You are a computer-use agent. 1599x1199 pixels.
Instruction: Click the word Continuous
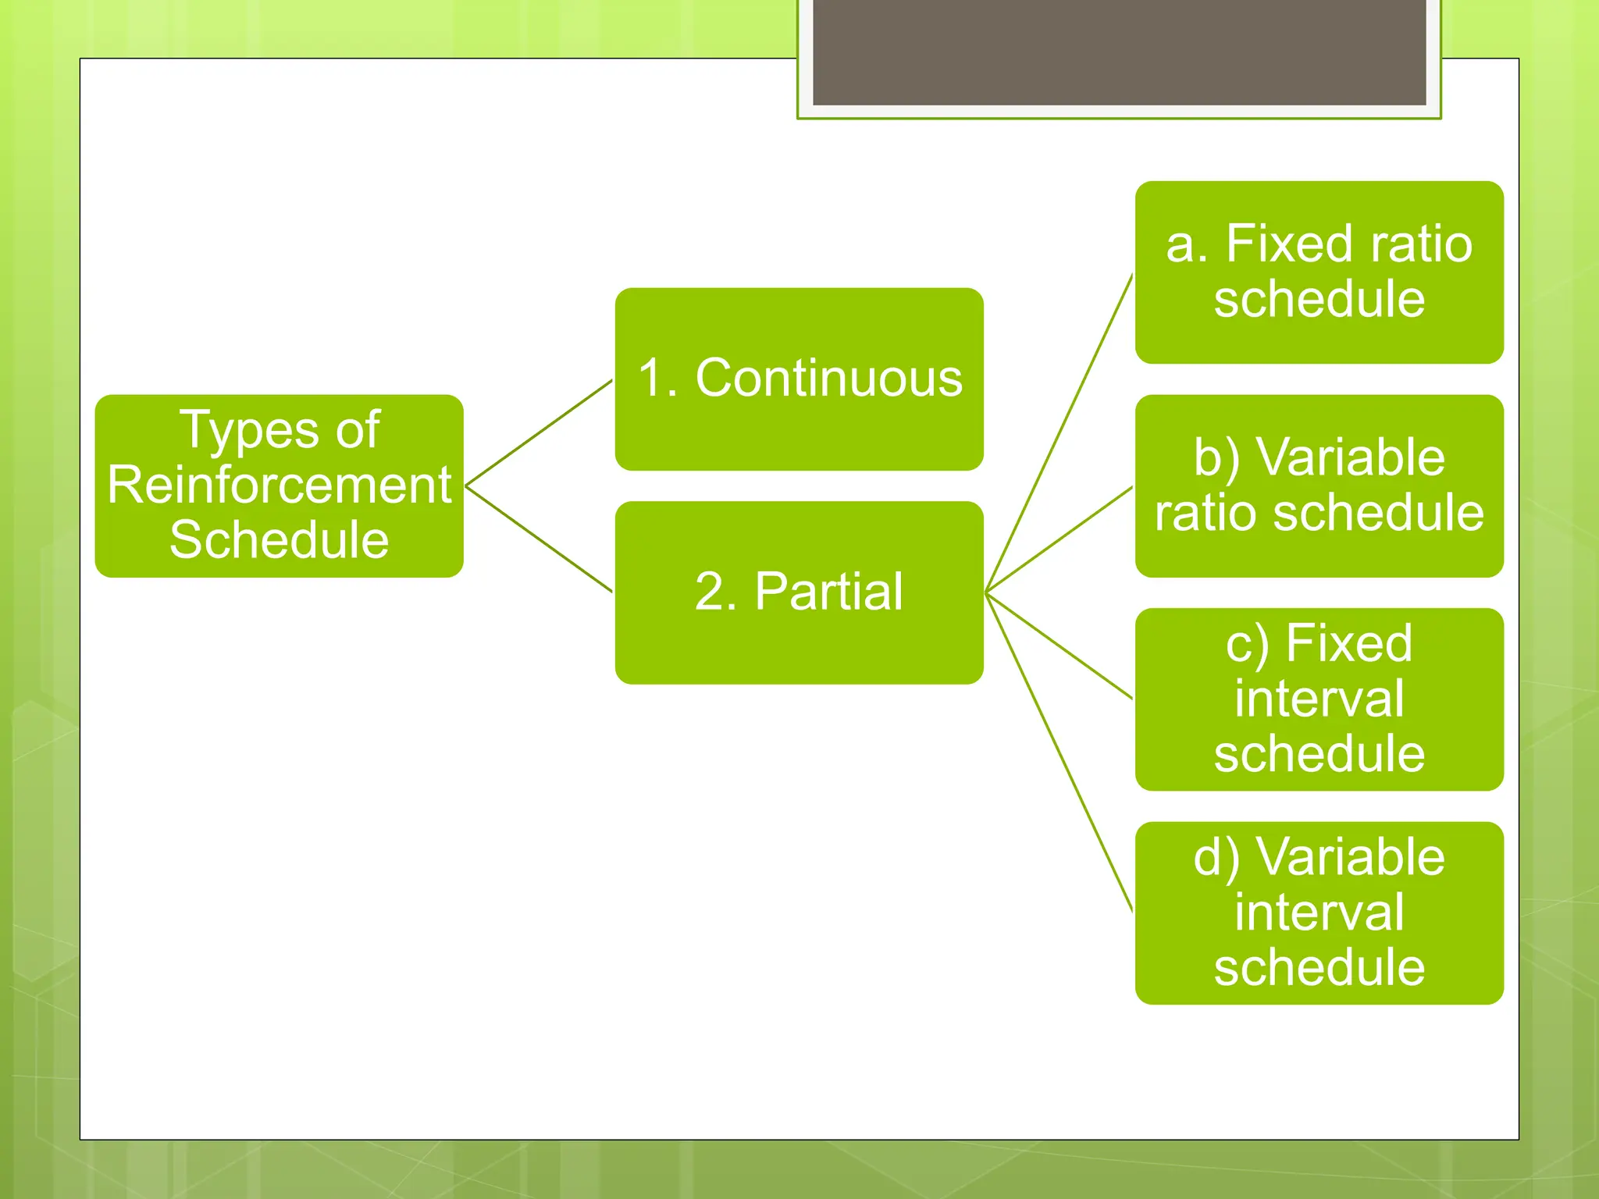(828, 379)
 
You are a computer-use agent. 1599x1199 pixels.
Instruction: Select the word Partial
(828, 592)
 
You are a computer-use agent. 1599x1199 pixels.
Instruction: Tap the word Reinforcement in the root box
(279, 485)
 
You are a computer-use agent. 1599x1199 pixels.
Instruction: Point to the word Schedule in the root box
(279, 539)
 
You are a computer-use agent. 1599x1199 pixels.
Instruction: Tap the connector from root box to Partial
(539, 539)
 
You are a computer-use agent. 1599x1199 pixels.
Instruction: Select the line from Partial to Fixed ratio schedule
(1059, 433)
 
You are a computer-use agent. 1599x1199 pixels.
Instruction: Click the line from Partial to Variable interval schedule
(1059, 752)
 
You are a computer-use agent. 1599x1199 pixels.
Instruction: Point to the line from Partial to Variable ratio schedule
(1059, 539)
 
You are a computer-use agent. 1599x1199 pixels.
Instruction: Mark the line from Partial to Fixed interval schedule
(1059, 646)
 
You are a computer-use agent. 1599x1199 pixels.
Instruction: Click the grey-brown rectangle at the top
(1119, 52)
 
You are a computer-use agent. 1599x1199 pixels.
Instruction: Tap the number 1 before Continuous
(652, 379)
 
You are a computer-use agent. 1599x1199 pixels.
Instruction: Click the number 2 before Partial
(709, 592)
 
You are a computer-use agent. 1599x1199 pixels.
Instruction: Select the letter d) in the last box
(1216, 859)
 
